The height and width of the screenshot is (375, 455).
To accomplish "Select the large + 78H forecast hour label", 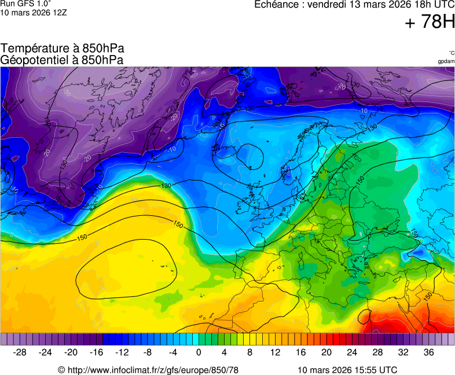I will click(x=430, y=23).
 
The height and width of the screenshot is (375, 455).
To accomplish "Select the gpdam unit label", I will click(x=446, y=61).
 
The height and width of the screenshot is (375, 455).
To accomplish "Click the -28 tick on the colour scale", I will click(x=20, y=352).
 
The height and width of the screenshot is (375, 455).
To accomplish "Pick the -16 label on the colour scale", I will click(x=96, y=352).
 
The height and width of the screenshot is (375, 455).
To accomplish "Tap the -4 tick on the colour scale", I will click(x=173, y=352).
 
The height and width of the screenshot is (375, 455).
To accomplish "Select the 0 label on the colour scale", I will click(x=199, y=352).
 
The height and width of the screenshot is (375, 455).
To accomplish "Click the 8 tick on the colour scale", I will click(x=249, y=352).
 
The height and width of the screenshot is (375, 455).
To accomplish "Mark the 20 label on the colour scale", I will click(x=326, y=352).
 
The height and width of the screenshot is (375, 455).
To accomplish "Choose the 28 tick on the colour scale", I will click(x=377, y=352).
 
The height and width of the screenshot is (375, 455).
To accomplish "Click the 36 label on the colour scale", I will click(x=428, y=352).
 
